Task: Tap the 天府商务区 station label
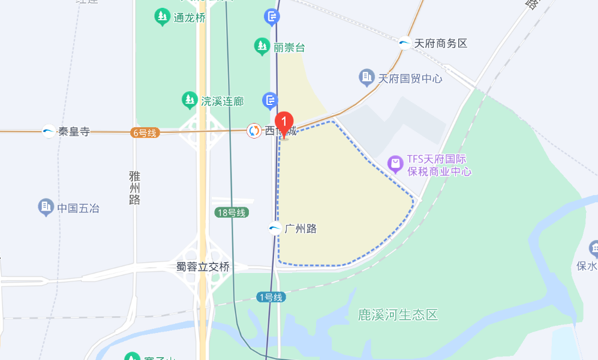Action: (440, 43)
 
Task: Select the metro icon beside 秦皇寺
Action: (49, 131)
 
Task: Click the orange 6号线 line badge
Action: (144, 133)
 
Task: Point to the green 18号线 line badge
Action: (232, 212)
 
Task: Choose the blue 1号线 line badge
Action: (271, 296)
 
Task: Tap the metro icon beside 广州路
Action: (275, 228)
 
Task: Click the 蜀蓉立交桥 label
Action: (203, 267)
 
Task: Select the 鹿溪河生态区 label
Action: (398, 314)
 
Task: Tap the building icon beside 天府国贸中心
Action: (366, 77)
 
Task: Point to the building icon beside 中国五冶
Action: (46, 208)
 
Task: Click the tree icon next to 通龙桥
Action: (162, 17)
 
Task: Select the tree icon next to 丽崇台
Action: (262, 46)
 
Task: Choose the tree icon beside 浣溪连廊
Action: (190, 100)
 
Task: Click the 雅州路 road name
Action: (134, 188)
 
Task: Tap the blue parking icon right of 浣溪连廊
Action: (271, 100)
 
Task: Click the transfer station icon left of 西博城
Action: (254, 130)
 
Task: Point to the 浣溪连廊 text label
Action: (222, 101)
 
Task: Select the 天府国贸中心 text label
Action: (410, 78)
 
